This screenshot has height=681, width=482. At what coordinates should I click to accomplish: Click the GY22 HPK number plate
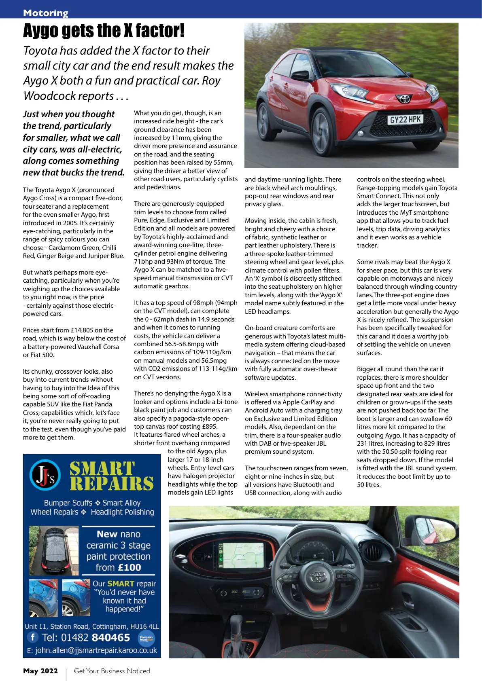405,120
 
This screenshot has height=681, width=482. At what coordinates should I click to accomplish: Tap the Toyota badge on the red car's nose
404,99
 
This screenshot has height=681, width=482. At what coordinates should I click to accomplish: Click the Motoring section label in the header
46,13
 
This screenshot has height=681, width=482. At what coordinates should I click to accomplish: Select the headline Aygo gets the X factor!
104,31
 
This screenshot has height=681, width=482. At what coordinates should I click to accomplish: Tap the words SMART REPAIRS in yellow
111,476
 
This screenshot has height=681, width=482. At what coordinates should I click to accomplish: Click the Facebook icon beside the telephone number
32,637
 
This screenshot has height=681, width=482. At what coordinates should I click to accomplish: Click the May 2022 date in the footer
40,671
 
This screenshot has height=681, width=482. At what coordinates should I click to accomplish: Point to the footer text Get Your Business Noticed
112,671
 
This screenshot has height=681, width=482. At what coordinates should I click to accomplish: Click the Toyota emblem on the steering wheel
319,576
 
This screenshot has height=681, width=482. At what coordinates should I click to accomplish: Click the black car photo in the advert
54,550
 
